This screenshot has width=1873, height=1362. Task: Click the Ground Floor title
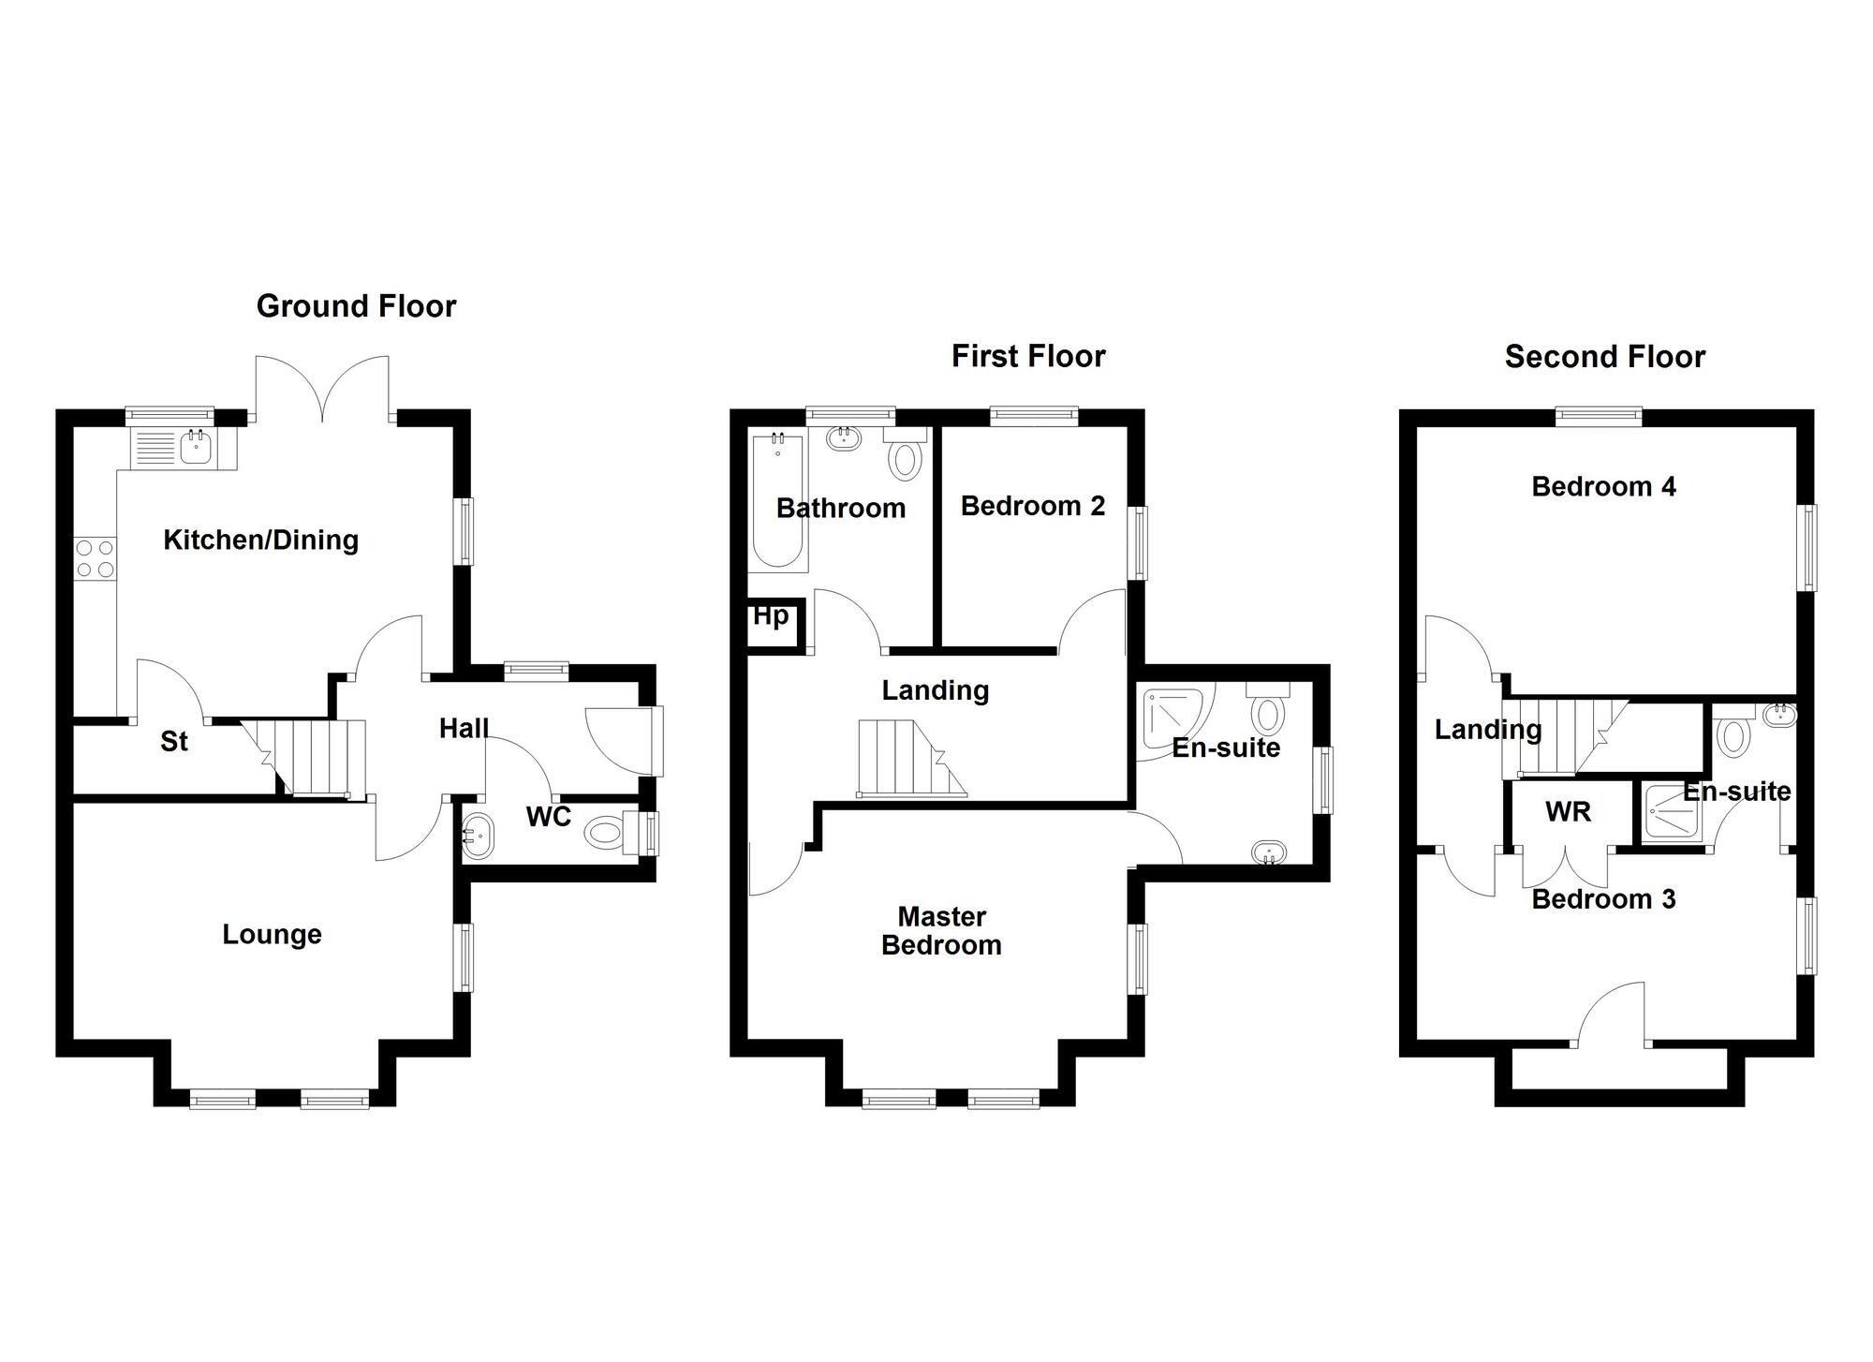356,306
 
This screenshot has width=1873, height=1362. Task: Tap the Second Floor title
1604,357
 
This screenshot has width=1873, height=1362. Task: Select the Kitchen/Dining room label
260,540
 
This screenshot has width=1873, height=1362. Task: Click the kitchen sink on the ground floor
196,448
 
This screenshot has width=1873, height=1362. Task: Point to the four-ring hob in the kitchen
95,558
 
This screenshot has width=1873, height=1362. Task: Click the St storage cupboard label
174,742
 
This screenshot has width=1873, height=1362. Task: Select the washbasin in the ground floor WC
477,834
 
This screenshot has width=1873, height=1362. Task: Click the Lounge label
272,934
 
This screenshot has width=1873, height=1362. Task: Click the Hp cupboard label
771,616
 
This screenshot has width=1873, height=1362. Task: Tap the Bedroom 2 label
1033,506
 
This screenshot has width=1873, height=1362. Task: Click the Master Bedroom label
941,930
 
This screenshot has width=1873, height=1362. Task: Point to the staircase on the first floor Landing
909,759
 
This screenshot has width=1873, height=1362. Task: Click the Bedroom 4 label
1603,486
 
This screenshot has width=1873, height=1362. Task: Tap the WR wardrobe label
1568,811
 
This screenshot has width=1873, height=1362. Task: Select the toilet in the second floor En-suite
1733,734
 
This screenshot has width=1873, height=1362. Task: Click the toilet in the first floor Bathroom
906,458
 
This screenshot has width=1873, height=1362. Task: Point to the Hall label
464,728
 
